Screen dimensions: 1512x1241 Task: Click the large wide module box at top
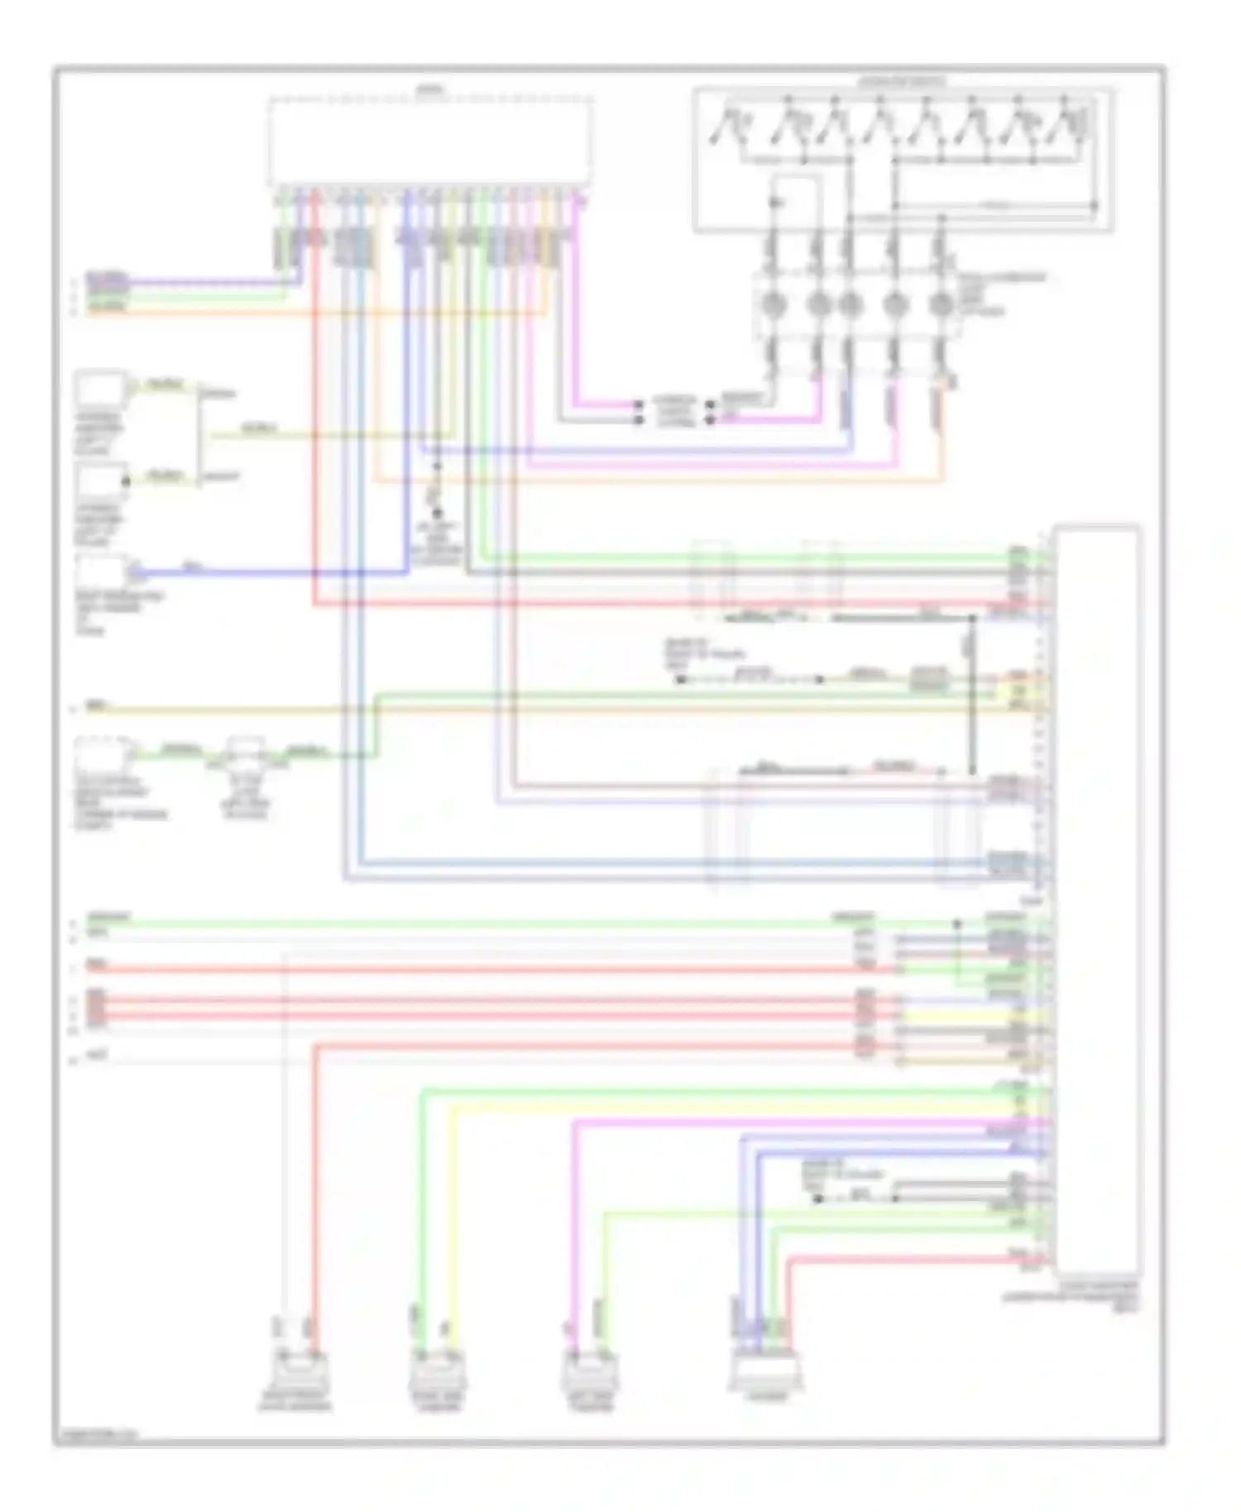(429, 142)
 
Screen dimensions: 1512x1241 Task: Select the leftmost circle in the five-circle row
(773, 306)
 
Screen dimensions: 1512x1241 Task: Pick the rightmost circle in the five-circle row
(940, 306)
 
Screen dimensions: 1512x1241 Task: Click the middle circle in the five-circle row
(850, 306)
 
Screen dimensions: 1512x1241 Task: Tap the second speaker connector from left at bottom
(437, 1376)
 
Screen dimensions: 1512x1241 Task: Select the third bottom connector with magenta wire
(587, 1376)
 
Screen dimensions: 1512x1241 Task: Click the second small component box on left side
(99, 481)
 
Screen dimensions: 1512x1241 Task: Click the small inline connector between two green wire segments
(246, 754)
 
